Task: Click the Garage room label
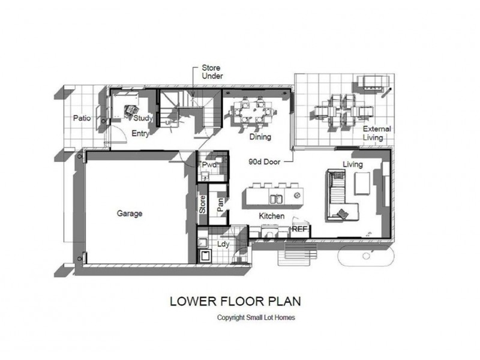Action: [130, 214]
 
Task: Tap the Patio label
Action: [82, 118]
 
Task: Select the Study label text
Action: [143, 118]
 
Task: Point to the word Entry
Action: [140, 133]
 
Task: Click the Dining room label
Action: [260, 137]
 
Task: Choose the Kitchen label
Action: [272, 216]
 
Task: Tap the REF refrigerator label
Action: [299, 229]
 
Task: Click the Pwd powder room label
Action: [209, 164]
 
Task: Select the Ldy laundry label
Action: [223, 244]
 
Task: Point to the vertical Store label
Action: [202, 205]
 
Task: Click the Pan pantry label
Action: [220, 205]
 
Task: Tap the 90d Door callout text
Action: [265, 161]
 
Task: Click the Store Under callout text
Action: [212, 71]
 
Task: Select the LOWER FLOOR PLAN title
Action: [235, 301]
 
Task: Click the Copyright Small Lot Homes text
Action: [256, 317]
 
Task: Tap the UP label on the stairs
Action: [169, 122]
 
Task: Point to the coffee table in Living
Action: [362, 184]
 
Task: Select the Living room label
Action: [353, 164]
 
